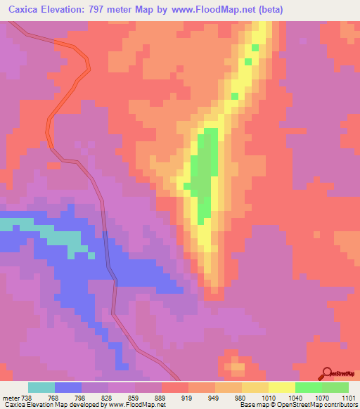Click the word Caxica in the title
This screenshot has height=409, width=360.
(x=24, y=9)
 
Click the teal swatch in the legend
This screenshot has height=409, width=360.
(x=41, y=387)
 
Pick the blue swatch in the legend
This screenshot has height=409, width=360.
(x=67, y=387)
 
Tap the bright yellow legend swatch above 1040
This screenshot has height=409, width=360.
(x=281, y=387)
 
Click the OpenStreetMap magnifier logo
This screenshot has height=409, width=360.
(x=327, y=372)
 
